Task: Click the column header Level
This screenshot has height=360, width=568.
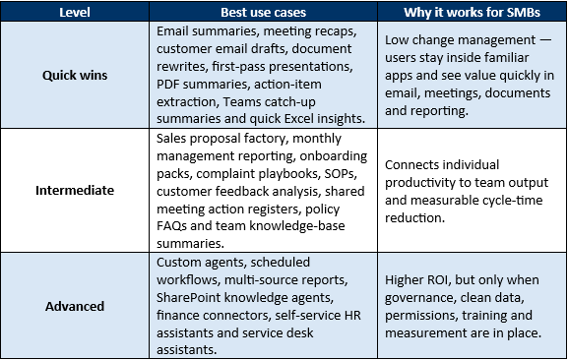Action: tap(75, 13)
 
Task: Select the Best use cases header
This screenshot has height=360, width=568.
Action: tap(264, 13)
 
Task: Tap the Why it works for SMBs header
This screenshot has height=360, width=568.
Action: tap(472, 13)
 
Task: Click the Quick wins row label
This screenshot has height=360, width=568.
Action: tap(75, 76)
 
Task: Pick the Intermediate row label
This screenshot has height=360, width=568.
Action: tap(75, 190)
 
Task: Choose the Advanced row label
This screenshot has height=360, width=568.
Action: tap(75, 307)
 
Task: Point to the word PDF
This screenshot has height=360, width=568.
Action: tap(167, 85)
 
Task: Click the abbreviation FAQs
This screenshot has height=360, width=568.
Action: tap(171, 226)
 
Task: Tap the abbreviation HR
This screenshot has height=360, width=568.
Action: tap(352, 315)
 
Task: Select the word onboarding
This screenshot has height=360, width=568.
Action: tap(334, 156)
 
